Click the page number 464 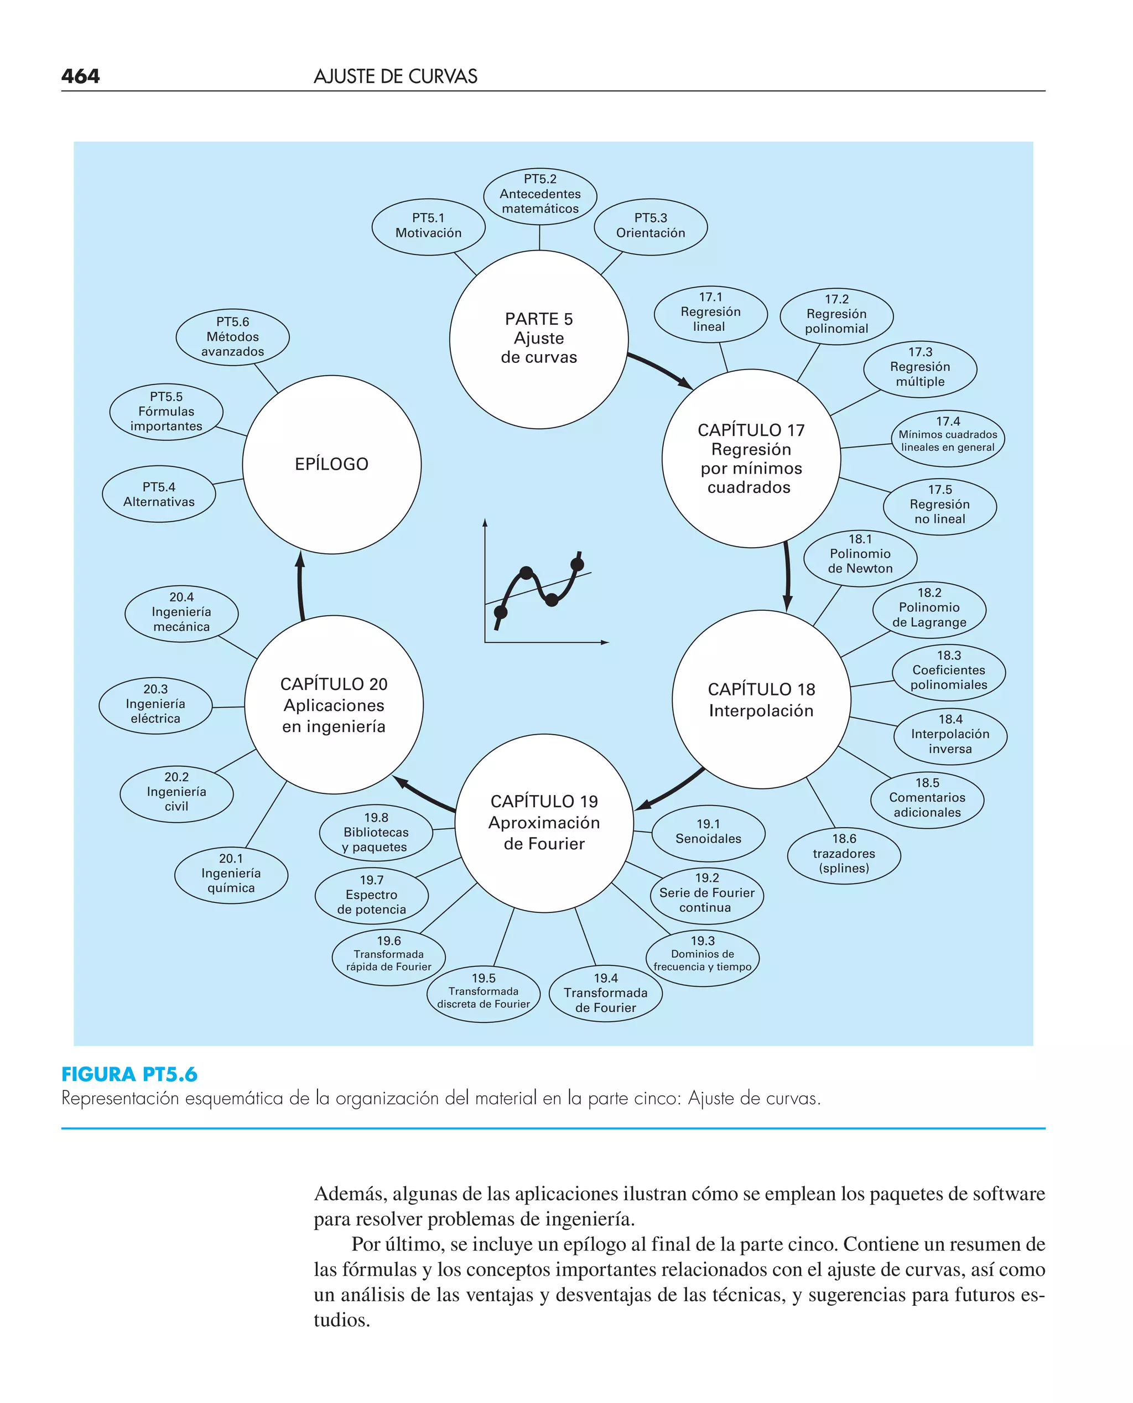pos(80,76)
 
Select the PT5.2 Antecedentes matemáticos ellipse pos(540,194)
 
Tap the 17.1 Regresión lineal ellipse pos(710,313)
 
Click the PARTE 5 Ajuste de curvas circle pos(538,339)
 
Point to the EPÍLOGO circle pos(331,464)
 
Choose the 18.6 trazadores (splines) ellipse pos(844,854)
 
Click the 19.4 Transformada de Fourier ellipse pos(606,993)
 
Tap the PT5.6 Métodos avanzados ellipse pos(232,337)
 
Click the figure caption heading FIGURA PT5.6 pos(129,1074)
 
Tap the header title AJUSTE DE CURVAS pos(396,77)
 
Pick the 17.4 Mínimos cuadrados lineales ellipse pos(948,435)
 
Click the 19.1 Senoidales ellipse pos(708,832)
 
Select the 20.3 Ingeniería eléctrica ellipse pos(155,704)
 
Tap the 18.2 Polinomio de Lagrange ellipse pos(929,607)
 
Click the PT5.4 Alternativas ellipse pos(159,495)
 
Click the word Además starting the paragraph pos(350,1193)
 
